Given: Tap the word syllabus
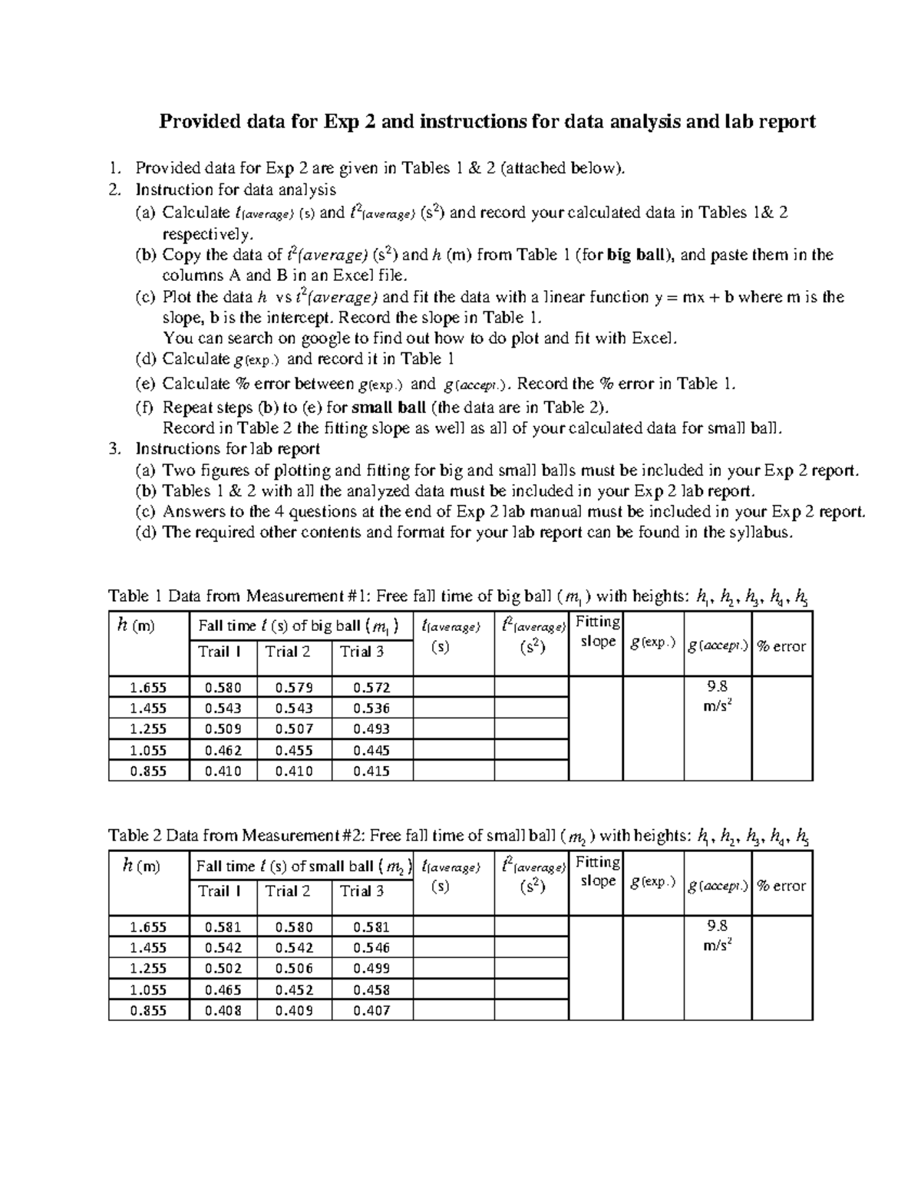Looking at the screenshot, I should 757,533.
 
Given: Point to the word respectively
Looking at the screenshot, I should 206,234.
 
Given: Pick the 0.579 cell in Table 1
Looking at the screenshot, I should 294,688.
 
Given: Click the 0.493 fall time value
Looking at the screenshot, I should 371,729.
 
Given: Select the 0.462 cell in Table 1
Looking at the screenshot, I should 223,751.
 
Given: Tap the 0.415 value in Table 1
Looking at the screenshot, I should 371,771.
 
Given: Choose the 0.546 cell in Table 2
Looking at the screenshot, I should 371,948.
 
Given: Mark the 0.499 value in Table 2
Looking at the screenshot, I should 371,969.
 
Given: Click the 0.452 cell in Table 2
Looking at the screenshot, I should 294,990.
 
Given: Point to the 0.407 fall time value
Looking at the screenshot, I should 371,1011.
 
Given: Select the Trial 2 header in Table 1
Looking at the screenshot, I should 288,652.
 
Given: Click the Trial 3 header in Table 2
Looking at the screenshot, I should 362,891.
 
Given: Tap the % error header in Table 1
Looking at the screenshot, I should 781,646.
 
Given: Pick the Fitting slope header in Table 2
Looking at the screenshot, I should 598,871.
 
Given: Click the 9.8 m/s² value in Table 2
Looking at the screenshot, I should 717,936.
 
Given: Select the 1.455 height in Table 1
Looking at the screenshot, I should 148,708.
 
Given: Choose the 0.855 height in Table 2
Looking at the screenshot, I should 148,1011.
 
